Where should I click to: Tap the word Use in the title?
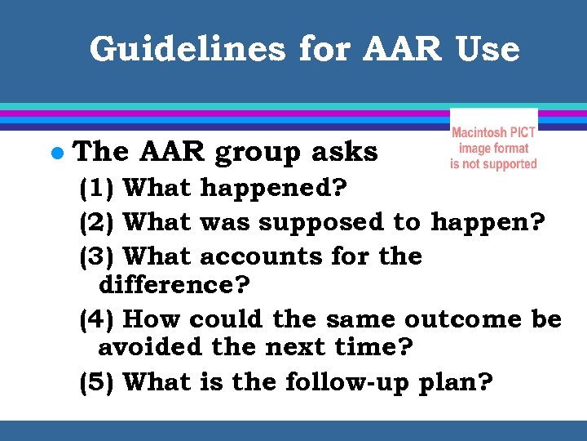(487, 49)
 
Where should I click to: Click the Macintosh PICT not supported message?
(493, 148)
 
